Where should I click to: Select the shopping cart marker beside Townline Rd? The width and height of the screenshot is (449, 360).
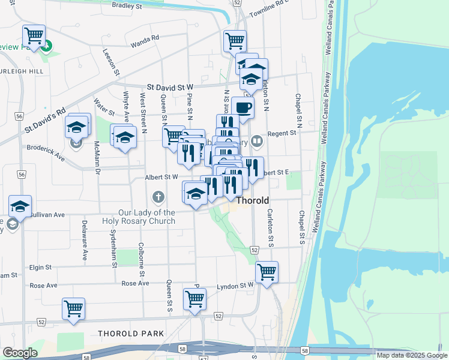pos(235,41)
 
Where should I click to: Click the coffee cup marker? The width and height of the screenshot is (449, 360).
pos(243,107)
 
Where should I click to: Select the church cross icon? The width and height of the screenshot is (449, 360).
pos(158,197)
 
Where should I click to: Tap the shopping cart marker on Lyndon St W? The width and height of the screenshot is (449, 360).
pos(267,271)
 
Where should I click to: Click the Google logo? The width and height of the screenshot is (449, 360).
pos(20,353)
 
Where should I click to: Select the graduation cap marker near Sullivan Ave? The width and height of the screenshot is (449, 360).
pos(20,206)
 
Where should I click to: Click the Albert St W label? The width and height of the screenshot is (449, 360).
pos(161,178)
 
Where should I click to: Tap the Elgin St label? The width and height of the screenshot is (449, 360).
pos(40,267)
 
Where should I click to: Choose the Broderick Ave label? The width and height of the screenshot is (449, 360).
pos(45,152)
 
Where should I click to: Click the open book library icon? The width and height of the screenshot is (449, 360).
pos(257,141)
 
